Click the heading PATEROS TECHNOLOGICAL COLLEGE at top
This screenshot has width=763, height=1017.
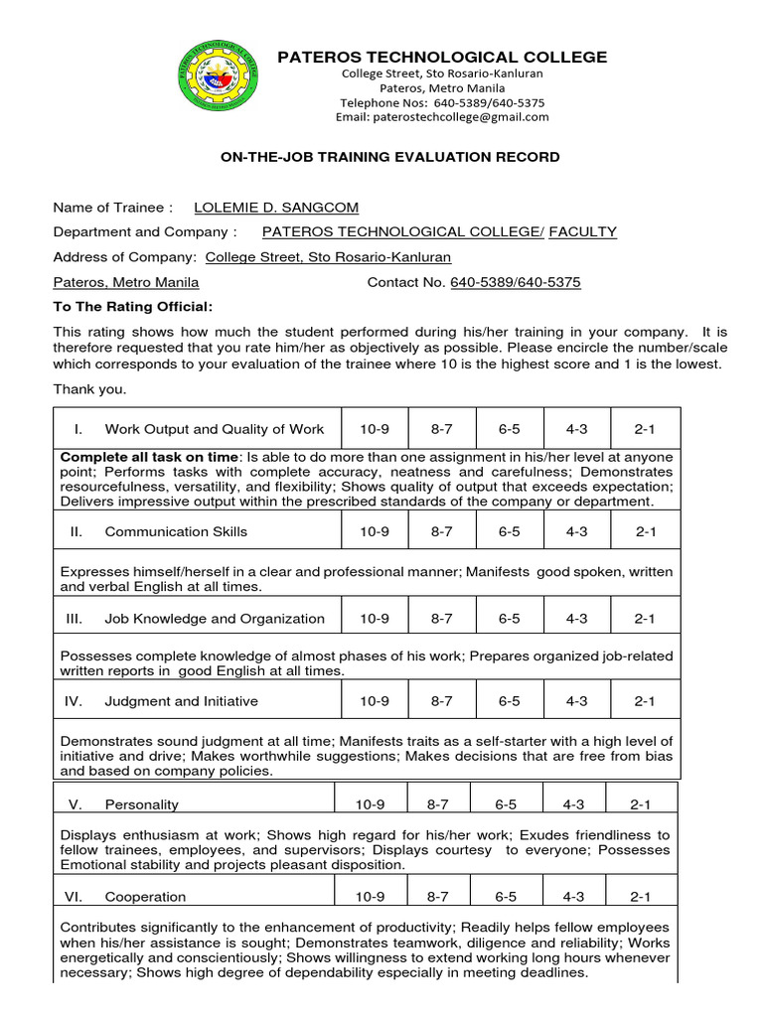click(442, 58)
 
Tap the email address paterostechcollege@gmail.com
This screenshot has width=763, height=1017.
click(442, 116)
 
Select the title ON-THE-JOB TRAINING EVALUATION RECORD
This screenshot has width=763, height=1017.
click(389, 157)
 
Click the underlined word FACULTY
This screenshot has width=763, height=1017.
click(582, 231)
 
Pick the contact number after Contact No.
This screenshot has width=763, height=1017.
click(516, 282)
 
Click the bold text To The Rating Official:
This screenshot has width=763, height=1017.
click(132, 307)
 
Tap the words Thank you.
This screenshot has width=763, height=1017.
click(89, 388)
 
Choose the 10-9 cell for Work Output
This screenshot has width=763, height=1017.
click(375, 429)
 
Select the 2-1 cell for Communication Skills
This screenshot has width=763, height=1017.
click(646, 531)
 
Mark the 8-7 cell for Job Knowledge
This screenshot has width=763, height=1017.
click(441, 618)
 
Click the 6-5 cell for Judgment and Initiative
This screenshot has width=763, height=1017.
click(509, 701)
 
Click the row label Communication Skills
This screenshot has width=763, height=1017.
click(176, 531)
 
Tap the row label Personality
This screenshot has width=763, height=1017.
click(142, 804)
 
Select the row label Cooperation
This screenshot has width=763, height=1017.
click(145, 897)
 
